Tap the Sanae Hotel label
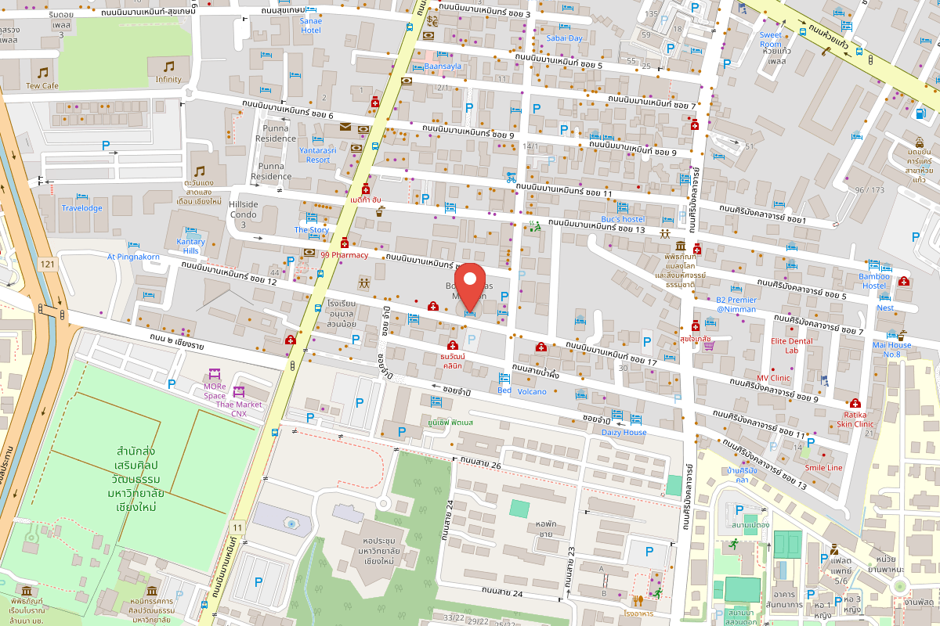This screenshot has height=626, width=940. coord(311,26)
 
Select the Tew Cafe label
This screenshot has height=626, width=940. coord(42,86)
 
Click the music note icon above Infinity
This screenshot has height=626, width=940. coord(168,67)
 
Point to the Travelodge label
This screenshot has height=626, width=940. coord(82,208)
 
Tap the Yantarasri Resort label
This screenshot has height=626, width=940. coord(318,154)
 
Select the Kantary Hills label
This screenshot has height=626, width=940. coord(191,246)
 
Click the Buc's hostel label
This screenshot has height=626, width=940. coord(622,219)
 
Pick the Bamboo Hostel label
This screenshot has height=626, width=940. coord(874,281)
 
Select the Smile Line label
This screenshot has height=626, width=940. coord(823,467)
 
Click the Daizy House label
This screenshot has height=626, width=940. coord(624,432)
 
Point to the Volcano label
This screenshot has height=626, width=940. coord(532,391)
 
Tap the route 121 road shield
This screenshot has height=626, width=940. coord(49,264)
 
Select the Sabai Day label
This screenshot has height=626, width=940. coord(564,38)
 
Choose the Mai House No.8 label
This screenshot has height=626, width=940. coord(891,349)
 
